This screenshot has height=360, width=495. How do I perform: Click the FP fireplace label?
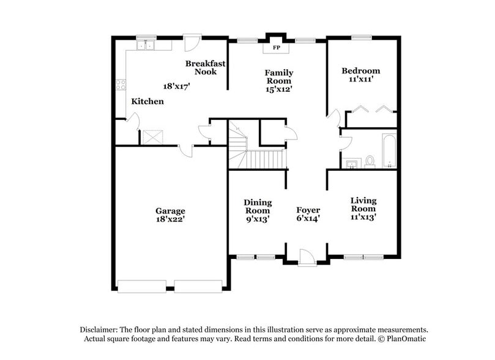click(276, 47)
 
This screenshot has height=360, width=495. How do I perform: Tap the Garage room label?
click(170, 211)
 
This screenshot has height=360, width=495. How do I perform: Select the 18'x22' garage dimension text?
click(170, 219)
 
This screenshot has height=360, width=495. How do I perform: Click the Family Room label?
click(278, 77)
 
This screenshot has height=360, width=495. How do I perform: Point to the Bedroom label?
click(360, 70)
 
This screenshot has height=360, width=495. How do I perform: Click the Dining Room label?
click(258, 206)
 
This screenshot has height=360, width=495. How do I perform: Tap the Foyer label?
click(308, 210)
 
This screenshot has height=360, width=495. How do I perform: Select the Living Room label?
click(363, 204)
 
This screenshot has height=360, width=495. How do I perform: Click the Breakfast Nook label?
click(205, 67)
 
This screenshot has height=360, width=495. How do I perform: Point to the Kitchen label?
click(147, 101)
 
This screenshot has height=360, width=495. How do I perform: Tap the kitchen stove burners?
click(121, 85)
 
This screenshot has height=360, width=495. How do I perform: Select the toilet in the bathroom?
click(370, 162)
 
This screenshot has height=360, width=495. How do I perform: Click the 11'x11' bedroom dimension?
click(360, 79)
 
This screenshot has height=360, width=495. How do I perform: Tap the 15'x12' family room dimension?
click(278, 89)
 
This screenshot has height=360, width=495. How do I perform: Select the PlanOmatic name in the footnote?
click(404, 339)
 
